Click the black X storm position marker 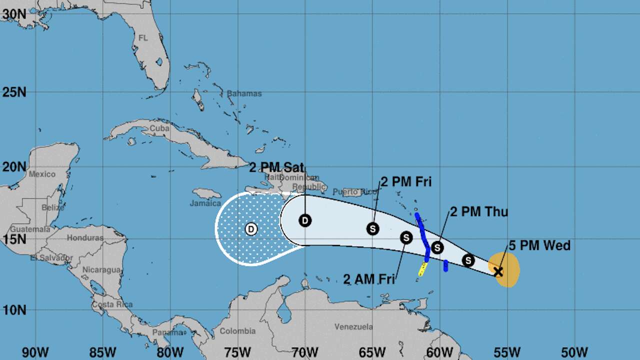coord(498,271)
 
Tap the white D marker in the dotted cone coord(251,229)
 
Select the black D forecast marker coord(305,220)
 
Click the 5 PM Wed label coord(539,245)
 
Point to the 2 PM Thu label coord(479,211)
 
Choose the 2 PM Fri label coord(406,181)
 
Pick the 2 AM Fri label coord(369,279)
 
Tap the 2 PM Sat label coord(276,167)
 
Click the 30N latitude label coord(14,14)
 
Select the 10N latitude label coord(14,309)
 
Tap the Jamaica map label coord(205,203)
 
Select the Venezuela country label coord(353,327)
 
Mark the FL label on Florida coord(143,38)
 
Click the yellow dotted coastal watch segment coord(422,269)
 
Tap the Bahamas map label coord(244,93)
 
